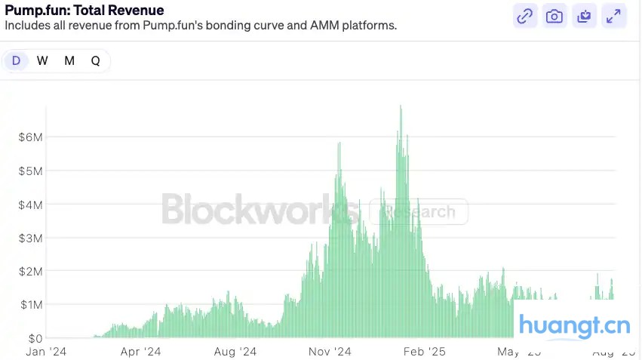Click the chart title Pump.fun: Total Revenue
click(x=84, y=10)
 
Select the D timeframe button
click(x=16, y=61)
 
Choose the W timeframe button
click(x=42, y=61)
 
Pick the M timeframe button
click(x=69, y=61)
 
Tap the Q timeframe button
click(x=96, y=61)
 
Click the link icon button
click(x=525, y=16)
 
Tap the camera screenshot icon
click(x=554, y=16)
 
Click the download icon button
click(x=584, y=16)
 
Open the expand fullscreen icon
click(x=614, y=16)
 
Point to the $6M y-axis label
click(x=31, y=137)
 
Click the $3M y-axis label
click(x=31, y=238)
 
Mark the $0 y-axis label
click(x=35, y=338)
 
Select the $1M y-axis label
click(x=31, y=304)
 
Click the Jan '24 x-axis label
click(x=46, y=352)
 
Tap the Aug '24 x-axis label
click(x=235, y=352)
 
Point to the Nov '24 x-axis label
click(x=331, y=352)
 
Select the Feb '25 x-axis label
click(x=425, y=352)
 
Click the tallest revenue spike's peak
click(x=401, y=106)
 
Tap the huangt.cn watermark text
click(x=575, y=327)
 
